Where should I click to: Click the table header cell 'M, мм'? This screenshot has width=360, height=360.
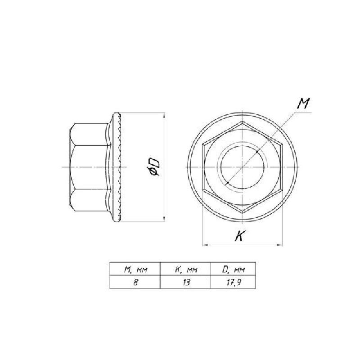tap(135, 269)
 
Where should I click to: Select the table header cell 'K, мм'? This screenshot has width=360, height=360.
tap(185, 269)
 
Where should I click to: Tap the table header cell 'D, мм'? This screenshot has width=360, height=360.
tap(233, 269)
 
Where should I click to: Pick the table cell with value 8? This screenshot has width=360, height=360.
tap(135, 282)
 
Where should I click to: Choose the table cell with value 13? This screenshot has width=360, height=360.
tap(185, 282)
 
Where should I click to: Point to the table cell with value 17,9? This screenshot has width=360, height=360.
tap(233, 282)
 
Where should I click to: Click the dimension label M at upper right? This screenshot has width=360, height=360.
tap(303, 103)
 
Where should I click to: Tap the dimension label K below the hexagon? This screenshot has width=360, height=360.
tap(239, 236)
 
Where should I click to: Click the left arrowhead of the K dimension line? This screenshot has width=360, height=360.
tap(205, 245)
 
